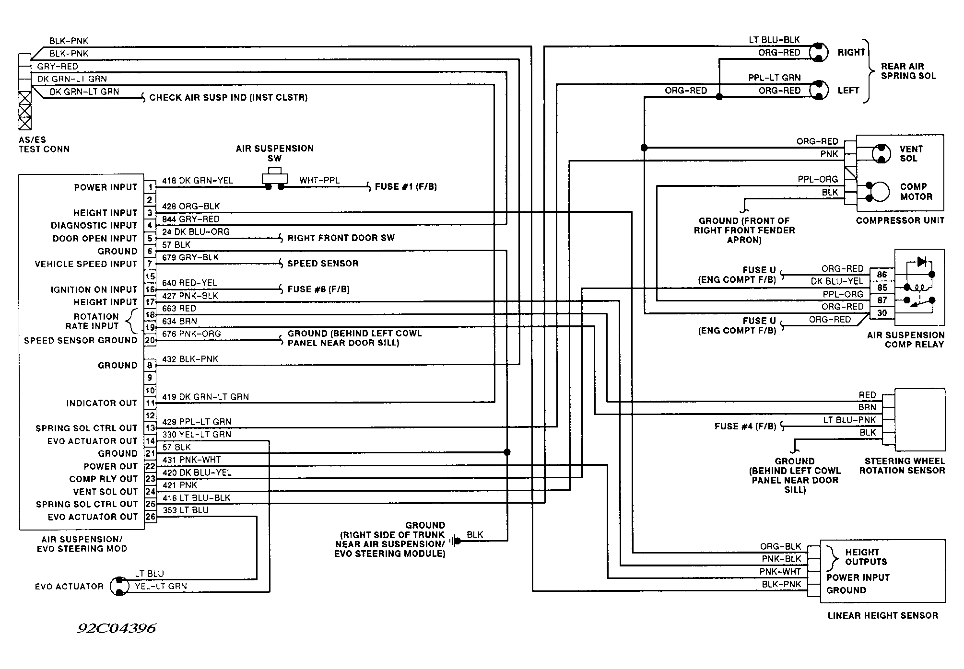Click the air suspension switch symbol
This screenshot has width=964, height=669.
pos(275,178)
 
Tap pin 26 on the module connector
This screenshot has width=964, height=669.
pos(150,517)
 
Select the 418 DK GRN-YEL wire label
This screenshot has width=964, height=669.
pos(198,181)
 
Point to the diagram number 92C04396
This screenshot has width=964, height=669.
pos(117,628)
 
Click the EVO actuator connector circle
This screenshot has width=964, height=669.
pos(120,586)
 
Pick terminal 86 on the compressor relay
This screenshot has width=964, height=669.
pos(882,275)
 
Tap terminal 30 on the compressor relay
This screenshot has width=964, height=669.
pos(882,313)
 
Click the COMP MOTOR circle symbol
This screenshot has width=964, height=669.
pos(880,192)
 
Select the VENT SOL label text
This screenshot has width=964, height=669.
pos(911,154)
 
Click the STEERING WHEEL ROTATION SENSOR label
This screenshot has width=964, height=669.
pos(902,466)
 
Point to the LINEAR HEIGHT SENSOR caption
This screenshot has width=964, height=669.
pos(883,615)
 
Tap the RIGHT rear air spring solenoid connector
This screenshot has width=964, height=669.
pos(819,52)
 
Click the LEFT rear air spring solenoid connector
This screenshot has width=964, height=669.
pos(819,90)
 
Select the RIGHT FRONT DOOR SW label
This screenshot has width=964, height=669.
pos(341,238)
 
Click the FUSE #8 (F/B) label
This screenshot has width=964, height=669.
pos(318,289)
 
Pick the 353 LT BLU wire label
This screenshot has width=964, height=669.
pos(186,510)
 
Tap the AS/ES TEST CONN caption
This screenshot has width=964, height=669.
pos(44,144)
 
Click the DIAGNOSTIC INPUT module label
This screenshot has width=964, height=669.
pos(94,225)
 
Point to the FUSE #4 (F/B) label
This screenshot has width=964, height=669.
pos(745,427)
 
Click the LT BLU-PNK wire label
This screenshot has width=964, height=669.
pos(850,420)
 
